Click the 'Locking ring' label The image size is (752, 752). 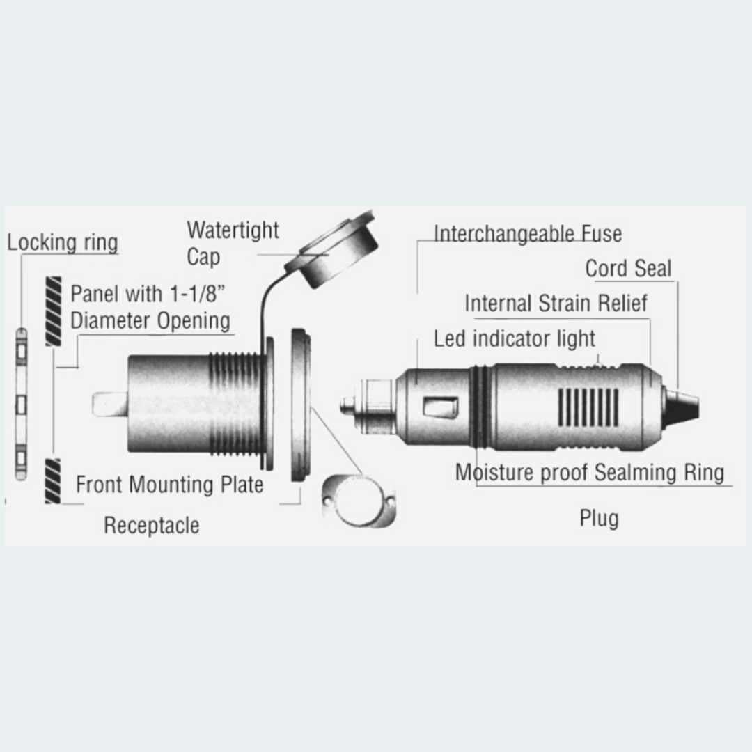(x=63, y=243)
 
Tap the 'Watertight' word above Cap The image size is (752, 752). (x=233, y=230)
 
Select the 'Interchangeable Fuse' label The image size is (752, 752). (x=528, y=234)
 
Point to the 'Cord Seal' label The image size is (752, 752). (x=628, y=268)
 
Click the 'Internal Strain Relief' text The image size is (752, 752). (x=556, y=303)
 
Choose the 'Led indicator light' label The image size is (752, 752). (x=514, y=338)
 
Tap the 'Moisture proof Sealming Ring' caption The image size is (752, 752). (x=590, y=472)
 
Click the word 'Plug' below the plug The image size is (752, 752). (x=599, y=519)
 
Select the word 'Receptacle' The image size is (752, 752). (x=152, y=526)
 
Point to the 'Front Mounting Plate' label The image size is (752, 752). (x=170, y=485)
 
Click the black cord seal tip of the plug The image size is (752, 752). (x=682, y=407)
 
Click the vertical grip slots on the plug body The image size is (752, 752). (x=588, y=407)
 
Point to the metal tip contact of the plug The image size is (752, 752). (x=348, y=406)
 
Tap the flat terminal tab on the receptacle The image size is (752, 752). (x=110, y=405)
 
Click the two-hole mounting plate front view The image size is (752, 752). (x=359, y=501)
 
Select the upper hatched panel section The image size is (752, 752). (x=53, y=311)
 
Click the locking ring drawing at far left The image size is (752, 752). (x=21, y=404)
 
